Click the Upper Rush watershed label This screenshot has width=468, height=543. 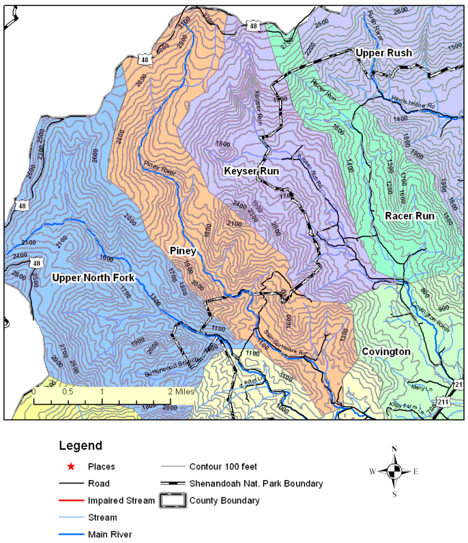pos(383,53)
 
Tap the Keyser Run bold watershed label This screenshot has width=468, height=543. pos(251,171)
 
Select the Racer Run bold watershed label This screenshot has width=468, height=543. pos(409,216)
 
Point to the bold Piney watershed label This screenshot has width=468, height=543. pos(184,250)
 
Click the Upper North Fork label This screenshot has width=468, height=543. pos(93,278)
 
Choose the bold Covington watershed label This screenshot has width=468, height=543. pos(386,351)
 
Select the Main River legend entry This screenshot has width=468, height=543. pos(111,535)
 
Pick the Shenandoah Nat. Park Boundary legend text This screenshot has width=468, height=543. pos(256,484)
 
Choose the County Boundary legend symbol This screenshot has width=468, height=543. pos(173,501)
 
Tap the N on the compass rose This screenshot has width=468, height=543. pos(394,449)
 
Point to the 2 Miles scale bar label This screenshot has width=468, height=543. pos(179,392)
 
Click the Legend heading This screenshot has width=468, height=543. pos(80,446)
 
